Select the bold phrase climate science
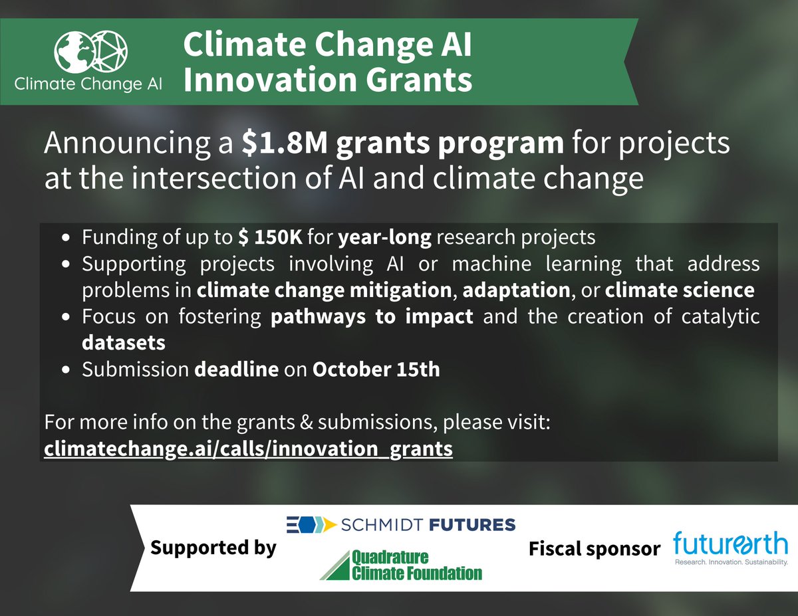click(680, 290)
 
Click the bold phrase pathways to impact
click(372, 317)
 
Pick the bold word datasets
click(124, 344)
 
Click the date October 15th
click(376, 369)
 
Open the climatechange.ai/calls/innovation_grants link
click(249, 449)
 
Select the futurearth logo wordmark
click(730, 543)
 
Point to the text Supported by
click(213, 548)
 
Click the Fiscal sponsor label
click(594, 549)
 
